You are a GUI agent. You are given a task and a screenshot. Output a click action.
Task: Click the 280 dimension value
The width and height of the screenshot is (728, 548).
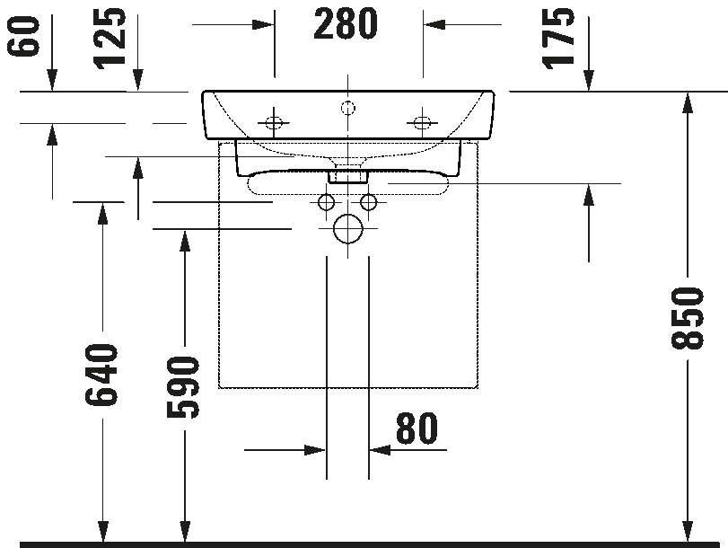[x=346, y=23]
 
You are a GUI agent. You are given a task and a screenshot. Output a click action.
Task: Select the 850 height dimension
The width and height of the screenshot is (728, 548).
[x=687, y=318]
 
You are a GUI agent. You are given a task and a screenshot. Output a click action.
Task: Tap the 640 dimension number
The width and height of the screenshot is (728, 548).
[x=102, y=375]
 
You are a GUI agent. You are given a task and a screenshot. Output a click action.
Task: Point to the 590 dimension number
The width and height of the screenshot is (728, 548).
[x=184, y=387]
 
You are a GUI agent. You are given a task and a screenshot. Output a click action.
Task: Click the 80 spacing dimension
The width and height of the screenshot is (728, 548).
[x=417, y=428]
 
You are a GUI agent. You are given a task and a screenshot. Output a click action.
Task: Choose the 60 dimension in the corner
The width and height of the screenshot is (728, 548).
[x=22, y=36]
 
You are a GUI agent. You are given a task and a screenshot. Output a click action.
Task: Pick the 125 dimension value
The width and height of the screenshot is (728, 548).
[x=110, y=38]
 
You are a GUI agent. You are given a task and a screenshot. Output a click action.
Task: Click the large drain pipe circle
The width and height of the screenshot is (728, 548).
[x=347, y=229]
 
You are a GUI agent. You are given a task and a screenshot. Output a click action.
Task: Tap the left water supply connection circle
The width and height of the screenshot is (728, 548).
[x=326, y=202]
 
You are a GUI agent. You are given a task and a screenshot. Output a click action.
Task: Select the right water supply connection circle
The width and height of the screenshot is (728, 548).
[x=369, y=202]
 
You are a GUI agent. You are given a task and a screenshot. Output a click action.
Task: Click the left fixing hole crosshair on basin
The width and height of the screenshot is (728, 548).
[x=274, y=123]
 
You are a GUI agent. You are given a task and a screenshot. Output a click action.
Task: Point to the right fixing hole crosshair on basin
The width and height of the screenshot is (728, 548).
[x=422, y=123]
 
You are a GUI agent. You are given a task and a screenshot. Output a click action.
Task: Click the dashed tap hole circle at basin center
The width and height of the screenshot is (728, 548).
[x=347, y=109]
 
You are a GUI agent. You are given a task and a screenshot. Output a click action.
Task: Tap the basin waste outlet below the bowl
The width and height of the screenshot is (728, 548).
[x=347, y=177]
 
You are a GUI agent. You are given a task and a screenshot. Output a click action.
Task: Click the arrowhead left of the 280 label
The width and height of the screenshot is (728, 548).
[x=263, y=24]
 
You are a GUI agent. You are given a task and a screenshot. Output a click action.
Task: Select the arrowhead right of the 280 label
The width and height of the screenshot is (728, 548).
[x=434, y=24]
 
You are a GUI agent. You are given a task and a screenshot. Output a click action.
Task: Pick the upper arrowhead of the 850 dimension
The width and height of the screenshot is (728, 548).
[x=687, y=103]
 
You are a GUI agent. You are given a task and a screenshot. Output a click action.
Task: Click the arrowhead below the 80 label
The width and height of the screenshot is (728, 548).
[x=381, y=450]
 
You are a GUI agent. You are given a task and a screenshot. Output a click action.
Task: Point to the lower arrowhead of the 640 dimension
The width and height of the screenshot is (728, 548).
[x=102, y=531]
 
